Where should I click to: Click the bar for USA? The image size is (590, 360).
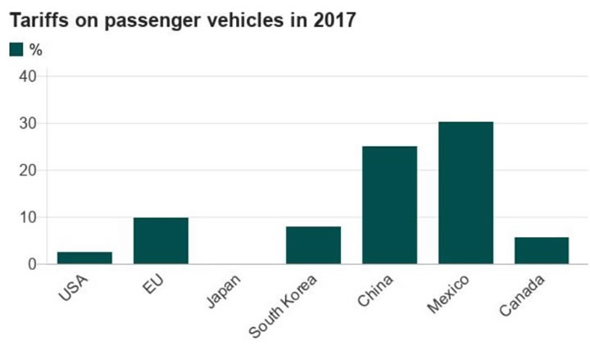(84, 257)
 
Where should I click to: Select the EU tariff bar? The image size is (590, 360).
(161, 240)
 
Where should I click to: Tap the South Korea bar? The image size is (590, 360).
(313, 245)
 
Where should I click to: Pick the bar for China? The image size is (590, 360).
(389, 205)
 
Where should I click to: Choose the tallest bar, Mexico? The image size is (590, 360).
(465, 193)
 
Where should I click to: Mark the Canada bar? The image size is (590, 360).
(542, 250)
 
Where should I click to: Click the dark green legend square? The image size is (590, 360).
(16, 50)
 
